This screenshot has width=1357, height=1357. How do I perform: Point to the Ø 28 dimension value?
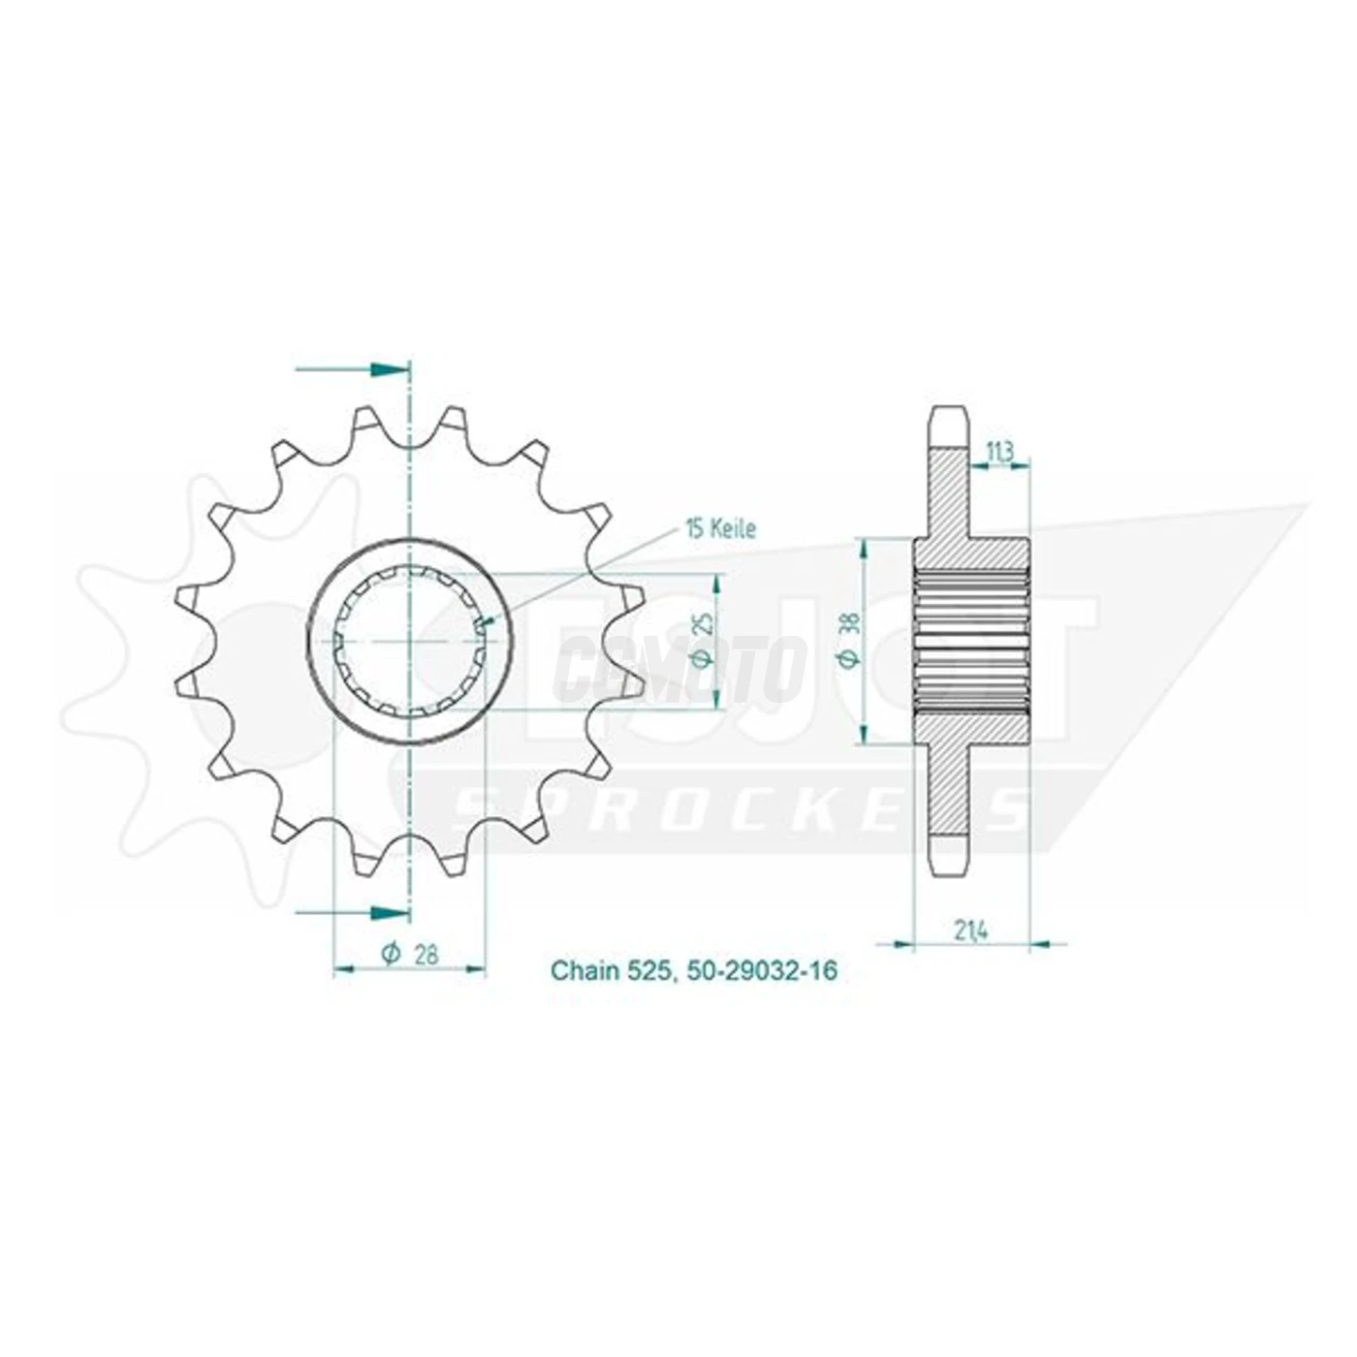pos(411,954)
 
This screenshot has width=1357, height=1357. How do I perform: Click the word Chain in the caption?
pos(584,970)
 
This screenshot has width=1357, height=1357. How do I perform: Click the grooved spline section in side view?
pos(970,641)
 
